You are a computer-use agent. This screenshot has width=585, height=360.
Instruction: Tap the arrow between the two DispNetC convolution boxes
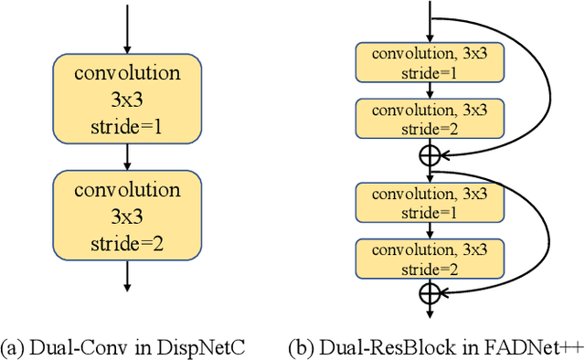[x=127, y=158]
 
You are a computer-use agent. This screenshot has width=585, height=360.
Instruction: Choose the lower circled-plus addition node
[x=429, y=291]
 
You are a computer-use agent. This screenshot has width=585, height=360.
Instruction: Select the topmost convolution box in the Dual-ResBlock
[x=429, y=62]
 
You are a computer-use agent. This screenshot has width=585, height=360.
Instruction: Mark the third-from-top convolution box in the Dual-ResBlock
[x=429, y=201]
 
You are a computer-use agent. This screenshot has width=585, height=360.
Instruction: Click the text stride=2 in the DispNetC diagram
[x=127, y=243]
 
